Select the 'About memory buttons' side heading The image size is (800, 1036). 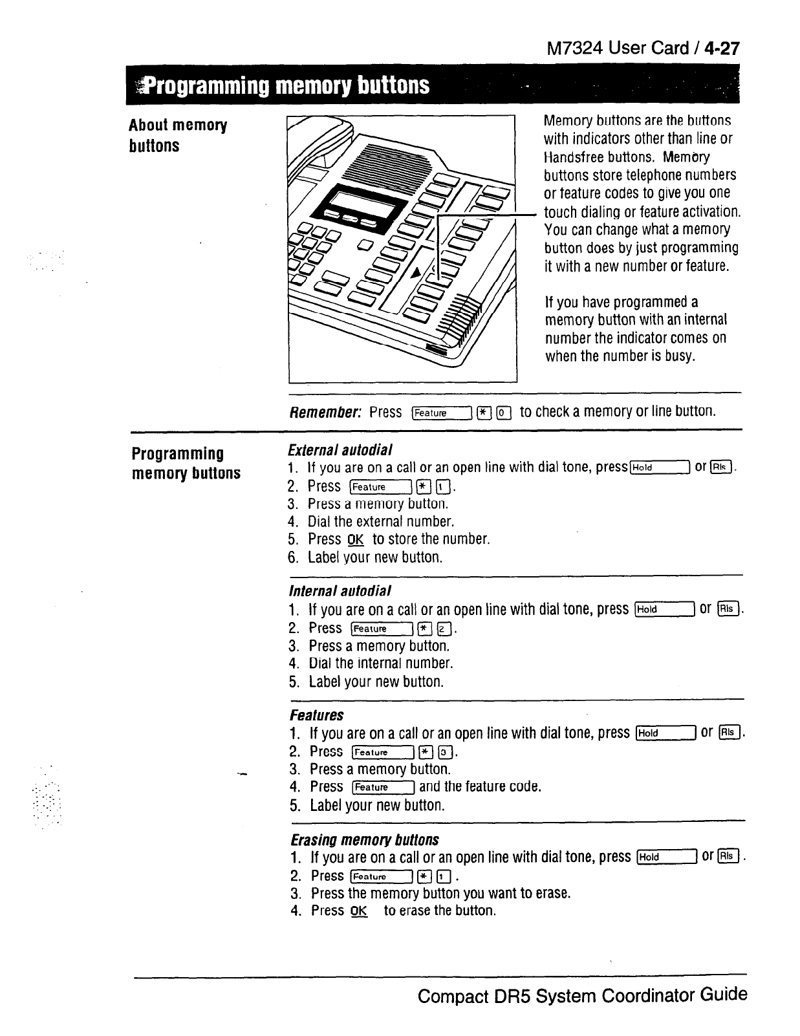[x=177, y=135]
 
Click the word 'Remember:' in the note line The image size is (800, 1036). [x=326, y=412]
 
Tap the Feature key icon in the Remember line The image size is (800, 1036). [x=441, y=413]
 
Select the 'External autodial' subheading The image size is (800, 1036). [x=340, y=449]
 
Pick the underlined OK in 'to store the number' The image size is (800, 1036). [x=356, y=540]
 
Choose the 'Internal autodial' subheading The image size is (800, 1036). [x=340, y=591]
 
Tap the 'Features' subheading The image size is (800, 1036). [x=317, y=715]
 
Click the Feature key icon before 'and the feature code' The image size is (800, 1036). [x=383, y=787]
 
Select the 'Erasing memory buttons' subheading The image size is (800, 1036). [x=365, y=840]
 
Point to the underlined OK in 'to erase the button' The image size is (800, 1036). [x=358, y=911]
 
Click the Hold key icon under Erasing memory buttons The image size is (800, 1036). [x=666, y=858]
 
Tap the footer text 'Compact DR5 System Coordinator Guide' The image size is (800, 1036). [x=582, y=995]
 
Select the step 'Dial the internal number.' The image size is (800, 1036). [x=381, y=664]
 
